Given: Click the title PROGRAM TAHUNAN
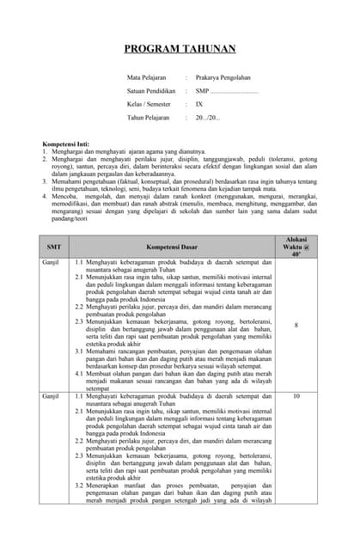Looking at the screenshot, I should click(180, 50).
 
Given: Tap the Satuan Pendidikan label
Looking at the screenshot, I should click(153, 90).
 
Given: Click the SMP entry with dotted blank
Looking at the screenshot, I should click(227, 90).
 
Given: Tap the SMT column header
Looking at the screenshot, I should click(53, 246).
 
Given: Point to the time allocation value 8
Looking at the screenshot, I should click(296, 326).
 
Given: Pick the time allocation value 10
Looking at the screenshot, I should click(296, 396).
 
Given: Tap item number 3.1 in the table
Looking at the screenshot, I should click(79, 351).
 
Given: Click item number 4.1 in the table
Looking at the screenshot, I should click(79, 374).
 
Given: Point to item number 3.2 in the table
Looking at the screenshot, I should click(79, 486).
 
